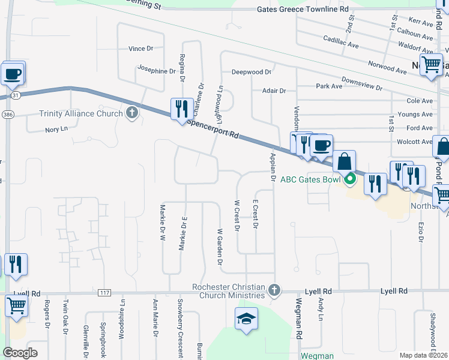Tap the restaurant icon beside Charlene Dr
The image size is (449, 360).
179,109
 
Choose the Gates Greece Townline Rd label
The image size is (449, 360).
303,9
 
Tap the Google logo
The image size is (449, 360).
20,353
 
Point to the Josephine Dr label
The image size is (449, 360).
156,71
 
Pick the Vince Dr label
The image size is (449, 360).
142,49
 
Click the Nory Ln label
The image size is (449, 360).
56,130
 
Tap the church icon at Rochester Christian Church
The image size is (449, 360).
274,290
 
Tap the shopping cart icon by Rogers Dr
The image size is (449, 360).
16,306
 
